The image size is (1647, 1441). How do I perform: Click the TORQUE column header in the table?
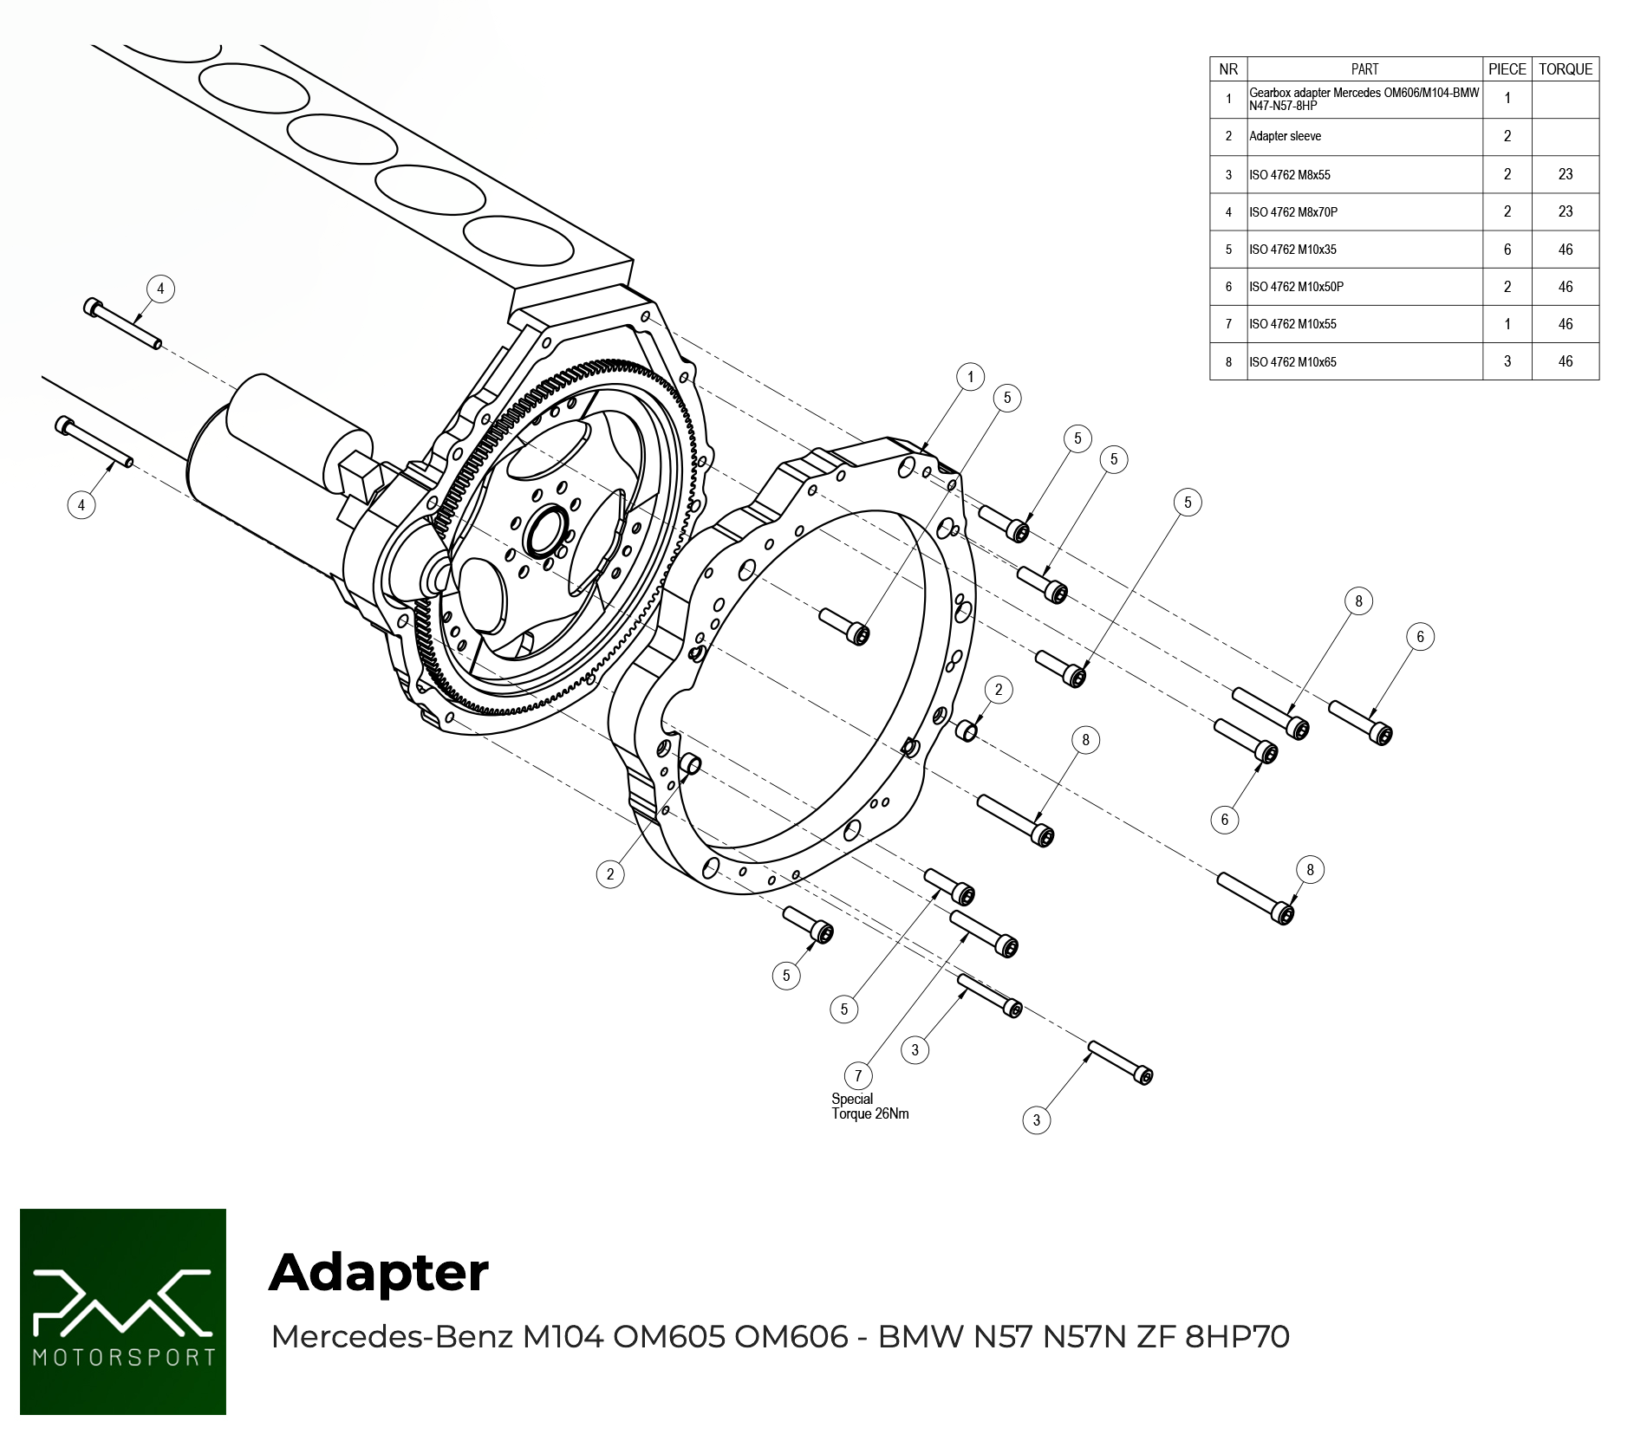(1566, 69)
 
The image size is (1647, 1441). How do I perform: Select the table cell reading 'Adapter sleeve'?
(1285, 136)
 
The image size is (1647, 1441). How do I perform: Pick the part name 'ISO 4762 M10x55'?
(1292, 324)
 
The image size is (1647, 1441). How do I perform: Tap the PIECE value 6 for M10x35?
(1507, 250)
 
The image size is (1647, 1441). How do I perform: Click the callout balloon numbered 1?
(971, 377)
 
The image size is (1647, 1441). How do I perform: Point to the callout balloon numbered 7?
(858, 1076)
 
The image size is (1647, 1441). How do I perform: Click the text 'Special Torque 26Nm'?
(870, 1107)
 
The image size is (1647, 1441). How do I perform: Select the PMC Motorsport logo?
(123, 1312)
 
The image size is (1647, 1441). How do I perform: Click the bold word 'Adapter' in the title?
(379, 1272)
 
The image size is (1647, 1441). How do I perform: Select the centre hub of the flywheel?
(546, 531)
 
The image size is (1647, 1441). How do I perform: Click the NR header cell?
(1228, 69)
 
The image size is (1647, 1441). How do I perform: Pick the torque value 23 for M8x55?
(1566, 174)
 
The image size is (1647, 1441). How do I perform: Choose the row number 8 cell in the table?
(1228, 362)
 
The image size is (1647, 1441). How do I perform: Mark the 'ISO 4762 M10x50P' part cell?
(1296, 287)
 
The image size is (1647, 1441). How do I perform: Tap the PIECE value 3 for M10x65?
(1507, 361)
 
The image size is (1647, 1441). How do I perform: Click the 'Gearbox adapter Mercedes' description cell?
(1364, 100)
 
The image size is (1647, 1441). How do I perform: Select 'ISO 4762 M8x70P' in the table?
(1293, 212)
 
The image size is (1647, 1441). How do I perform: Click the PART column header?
(1364, 69)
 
